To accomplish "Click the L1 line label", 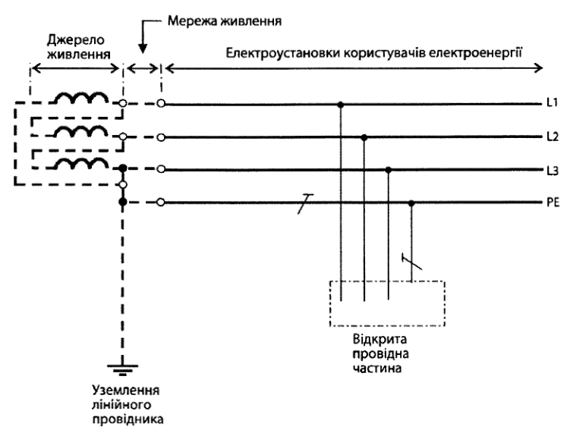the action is [x=553, y=103].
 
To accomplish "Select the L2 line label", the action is [x=553, y=136].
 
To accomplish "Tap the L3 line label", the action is [x=553, y=171].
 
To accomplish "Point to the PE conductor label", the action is [x=553, y=202].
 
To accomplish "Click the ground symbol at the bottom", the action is [x=122, y=369].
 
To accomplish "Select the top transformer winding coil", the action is [x=81, y=98].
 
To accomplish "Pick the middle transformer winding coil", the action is [x=81, y=130].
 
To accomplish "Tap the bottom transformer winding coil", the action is [x=81, y=163].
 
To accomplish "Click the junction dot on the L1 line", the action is [x=340, y=105].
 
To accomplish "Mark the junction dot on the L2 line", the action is [x=364, y=137].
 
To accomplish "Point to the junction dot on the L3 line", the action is [x=389, y=170].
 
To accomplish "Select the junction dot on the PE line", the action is [x=411, y=203].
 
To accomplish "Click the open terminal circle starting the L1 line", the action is [x=161, y=104].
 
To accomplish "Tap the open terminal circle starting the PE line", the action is [x=161, y=202].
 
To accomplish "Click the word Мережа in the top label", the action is [x=192, y=21].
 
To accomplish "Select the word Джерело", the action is [x=75, y=40].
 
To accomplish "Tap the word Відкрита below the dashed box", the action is [x=380, y=339].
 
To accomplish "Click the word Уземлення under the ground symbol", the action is [x=126, y=391].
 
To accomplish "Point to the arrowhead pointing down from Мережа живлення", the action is [x=143, y=49].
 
